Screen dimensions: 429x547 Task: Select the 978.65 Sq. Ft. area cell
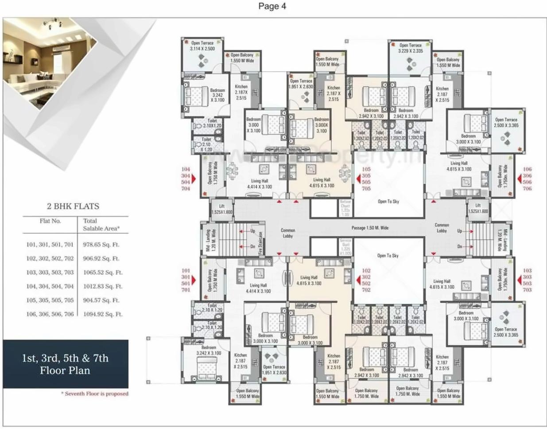click(101, 245)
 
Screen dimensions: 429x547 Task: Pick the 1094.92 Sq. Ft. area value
click(102, 314)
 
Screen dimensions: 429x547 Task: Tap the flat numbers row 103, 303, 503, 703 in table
click(50, 273)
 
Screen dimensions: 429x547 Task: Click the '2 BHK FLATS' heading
click(73, 206)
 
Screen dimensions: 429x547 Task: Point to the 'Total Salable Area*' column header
click(101, 225)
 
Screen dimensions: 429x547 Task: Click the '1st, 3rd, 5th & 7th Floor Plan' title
click(65, 364)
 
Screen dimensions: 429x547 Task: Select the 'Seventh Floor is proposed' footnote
click(95, 394)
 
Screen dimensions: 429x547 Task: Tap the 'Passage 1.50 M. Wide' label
click(370, 228)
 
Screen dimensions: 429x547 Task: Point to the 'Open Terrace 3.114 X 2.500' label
click(202, 46)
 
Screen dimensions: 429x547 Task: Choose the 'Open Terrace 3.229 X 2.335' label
click(411, 48)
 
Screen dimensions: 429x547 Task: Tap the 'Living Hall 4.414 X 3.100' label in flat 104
click(260, 184)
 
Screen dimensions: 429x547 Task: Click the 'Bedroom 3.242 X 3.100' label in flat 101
click(209, 350)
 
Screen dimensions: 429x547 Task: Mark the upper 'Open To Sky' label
click(388, 202)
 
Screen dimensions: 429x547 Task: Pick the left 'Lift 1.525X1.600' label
click(222, 209)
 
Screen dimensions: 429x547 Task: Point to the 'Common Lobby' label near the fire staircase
click(288, 233)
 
